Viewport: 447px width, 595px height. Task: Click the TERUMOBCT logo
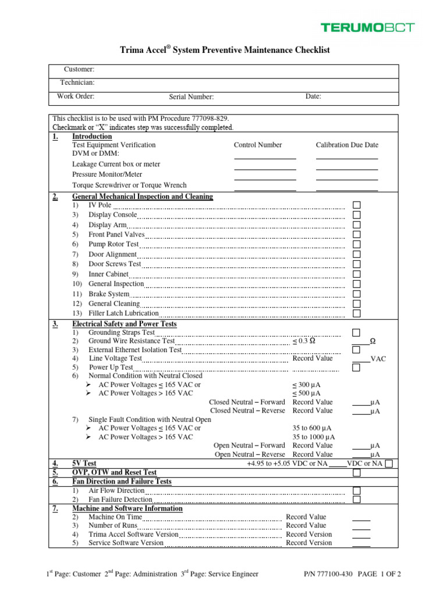point(368,27)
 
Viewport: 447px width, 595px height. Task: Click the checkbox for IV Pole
point(357,205)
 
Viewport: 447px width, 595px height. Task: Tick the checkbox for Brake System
point(357,294)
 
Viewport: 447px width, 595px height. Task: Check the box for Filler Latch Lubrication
point(357,313)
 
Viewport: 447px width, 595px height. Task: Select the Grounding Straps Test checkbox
point(356,332)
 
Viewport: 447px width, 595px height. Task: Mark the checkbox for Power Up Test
point(356,368)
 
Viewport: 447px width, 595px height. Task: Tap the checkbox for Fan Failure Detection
point(356,499)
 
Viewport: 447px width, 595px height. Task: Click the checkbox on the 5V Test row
point(389,463)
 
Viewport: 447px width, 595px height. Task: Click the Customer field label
point(79,70)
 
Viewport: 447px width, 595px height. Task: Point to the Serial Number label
point(191,97)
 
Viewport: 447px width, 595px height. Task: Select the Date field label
point(313,96)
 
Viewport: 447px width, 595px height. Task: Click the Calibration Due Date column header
point(347,145)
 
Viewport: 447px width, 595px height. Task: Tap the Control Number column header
point(258,145)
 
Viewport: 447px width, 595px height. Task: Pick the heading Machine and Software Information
point(127,508)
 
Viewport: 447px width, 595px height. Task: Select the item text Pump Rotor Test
point(113,244)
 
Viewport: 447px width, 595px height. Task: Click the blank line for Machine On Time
point(361,518)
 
